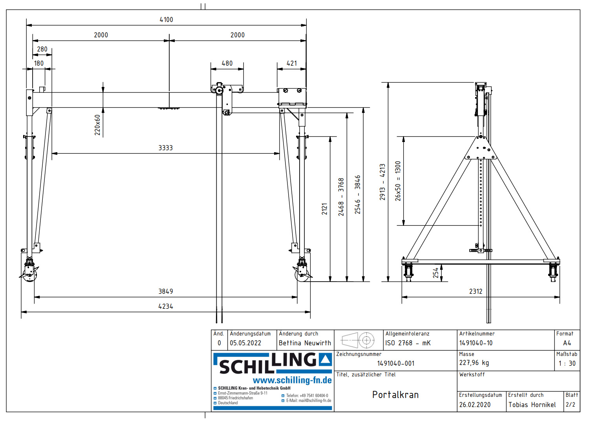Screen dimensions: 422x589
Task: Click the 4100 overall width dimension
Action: (x=166, y=20)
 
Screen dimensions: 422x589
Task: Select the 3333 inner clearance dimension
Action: (x=165, y=148)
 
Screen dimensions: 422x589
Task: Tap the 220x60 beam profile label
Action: (x=97, y=125)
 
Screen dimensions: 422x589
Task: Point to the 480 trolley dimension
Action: (x=227, y=63)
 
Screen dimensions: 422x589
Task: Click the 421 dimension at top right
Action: (x=292, y=63)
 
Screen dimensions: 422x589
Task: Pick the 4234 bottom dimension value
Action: (x=165, y=306)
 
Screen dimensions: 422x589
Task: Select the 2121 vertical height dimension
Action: (x=324, y=209)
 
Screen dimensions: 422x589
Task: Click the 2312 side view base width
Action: (x=476, y=291)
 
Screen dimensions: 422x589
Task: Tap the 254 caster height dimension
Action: (x=436, y=273)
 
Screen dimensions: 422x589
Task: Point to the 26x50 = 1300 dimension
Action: (x=398, y=181)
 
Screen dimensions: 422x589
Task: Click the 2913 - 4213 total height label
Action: (x=382, y=182)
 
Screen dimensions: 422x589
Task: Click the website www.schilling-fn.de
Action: (x=292, y=380)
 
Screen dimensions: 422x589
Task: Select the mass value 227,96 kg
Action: (x=474, y=363)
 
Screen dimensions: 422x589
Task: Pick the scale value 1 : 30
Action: (x=567, y=363)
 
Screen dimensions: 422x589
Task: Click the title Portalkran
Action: (x=395, y=395)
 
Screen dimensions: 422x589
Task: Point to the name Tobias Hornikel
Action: (x=532, y=405)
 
